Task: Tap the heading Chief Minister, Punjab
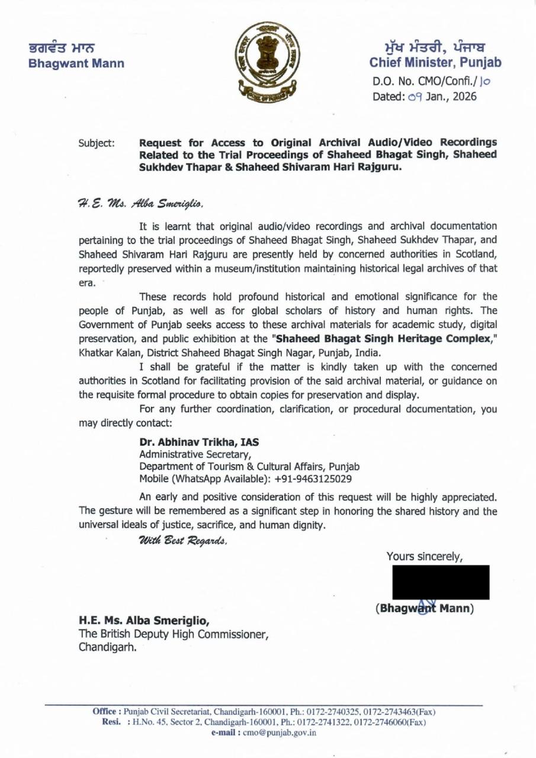pyautogui.click(x=435, y=62)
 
